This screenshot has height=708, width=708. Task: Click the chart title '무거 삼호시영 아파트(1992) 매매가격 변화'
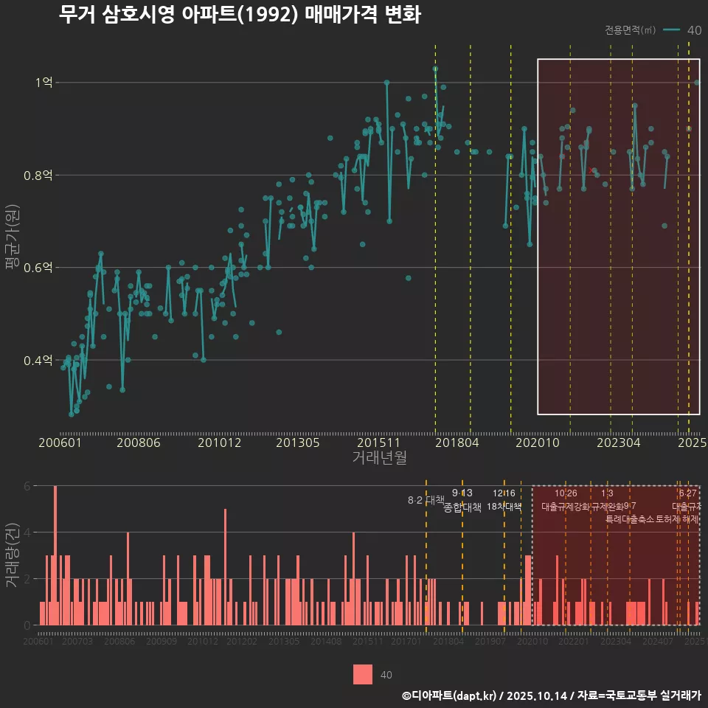tap(240, 15)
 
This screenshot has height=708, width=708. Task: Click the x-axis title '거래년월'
tap(379, 458)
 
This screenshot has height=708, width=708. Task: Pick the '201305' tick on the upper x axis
tap(297, 442)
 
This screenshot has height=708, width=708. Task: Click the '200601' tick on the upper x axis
tap(60, 442)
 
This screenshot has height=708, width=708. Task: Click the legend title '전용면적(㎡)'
tap(630, 30)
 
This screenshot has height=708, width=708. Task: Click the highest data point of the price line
tap(435, 69)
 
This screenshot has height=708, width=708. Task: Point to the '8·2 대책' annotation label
tap(420, 500)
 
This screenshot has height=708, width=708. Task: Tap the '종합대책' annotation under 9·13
tap(462, 507)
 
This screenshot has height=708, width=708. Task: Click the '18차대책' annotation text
tap(504, 507)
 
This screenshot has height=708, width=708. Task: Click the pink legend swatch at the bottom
tap(363, 674)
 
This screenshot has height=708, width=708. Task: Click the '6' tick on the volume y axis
tap(27, 486)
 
